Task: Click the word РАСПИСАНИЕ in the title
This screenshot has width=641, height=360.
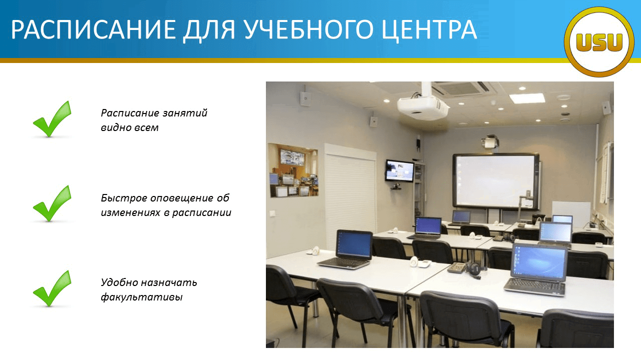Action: (94, 29)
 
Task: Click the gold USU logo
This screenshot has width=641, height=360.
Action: (599, 41)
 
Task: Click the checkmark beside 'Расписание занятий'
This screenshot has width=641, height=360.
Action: (52, 119)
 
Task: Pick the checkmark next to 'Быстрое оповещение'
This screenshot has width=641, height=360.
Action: (52, 203)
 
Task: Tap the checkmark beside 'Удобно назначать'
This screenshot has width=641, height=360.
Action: (52, 288)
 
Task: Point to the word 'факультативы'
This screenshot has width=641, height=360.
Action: (142, 297)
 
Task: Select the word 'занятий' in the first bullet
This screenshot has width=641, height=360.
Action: (185, 113)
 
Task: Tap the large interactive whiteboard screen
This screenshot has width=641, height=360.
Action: (496, 180)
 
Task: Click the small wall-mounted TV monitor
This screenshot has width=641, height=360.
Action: (400, 171)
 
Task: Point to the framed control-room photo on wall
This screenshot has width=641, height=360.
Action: (293, 170)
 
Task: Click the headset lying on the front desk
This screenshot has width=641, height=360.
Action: (473, 270)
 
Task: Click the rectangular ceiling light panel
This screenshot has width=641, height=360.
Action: (527, 98)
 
